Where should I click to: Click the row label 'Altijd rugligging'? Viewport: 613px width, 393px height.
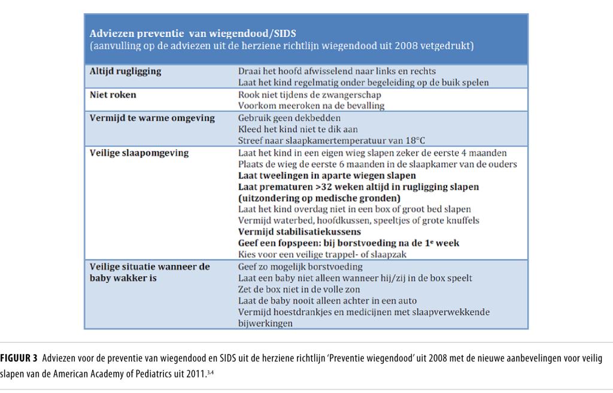126,71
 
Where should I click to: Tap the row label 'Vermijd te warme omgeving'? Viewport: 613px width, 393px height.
151,118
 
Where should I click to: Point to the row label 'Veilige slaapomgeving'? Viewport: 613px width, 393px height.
139,153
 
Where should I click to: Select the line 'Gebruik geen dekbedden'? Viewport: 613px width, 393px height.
290,118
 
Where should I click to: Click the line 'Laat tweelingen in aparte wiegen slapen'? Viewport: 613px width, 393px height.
327,175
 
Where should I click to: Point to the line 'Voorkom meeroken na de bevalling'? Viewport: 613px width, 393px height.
311,106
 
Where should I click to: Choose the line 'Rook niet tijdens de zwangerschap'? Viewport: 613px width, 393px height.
310,95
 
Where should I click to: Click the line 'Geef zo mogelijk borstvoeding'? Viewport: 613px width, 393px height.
301,267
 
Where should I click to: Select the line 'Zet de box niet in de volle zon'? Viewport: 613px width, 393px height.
301,290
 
